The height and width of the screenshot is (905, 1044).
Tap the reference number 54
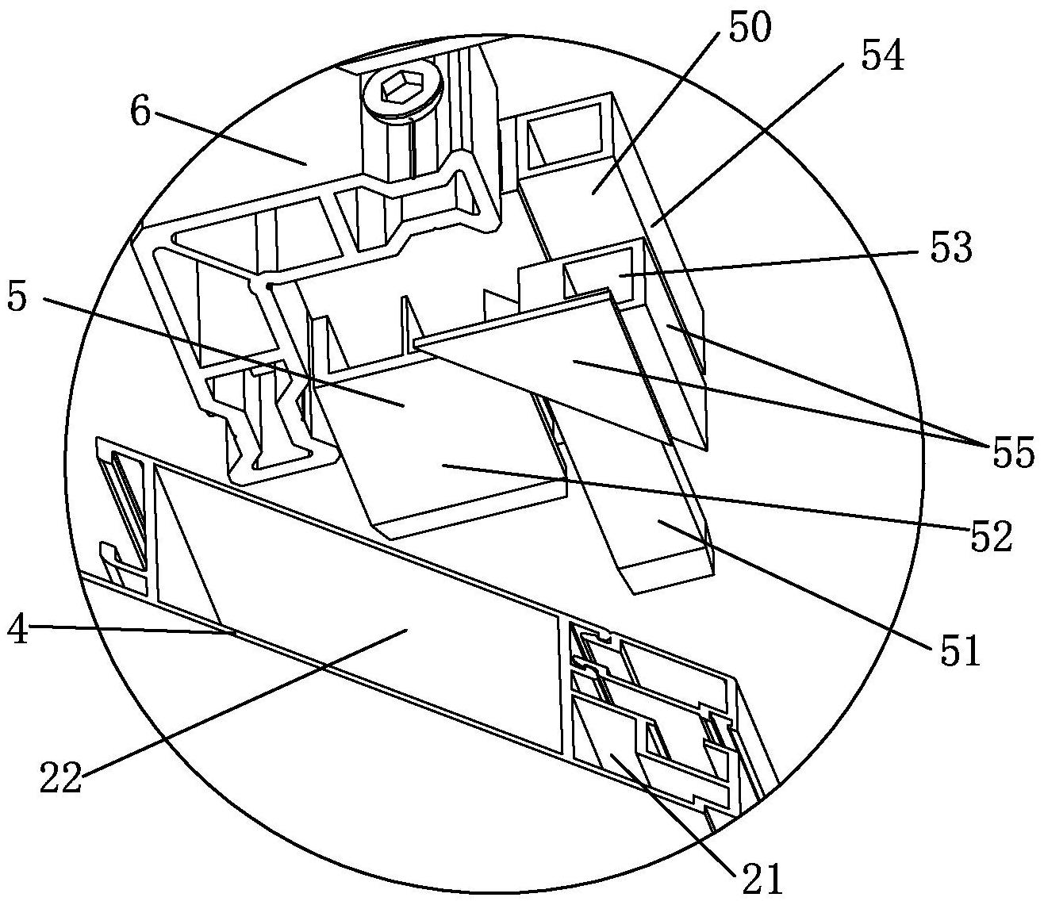(881, 57)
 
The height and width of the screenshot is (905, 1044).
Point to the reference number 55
(1011, 453)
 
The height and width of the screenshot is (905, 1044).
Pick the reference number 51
(961, 650)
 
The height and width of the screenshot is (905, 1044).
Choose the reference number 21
(761, 877)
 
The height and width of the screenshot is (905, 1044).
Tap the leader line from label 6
(230, 140)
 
